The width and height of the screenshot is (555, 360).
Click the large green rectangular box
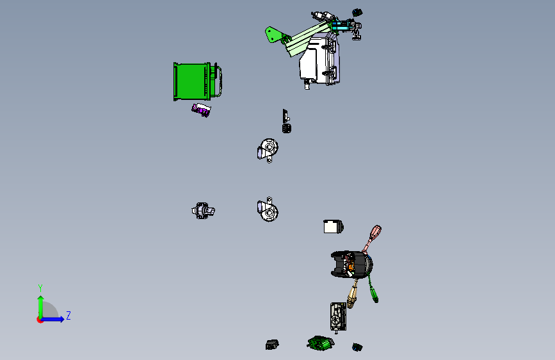pos(192,81)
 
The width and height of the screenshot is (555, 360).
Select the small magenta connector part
pos(201,110)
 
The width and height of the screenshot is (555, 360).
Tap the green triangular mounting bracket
pos(274,35)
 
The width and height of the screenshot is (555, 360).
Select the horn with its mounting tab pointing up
pos(268,209)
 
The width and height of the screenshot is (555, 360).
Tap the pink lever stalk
pos(372,239)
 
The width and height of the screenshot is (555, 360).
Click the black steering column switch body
pos(350,265)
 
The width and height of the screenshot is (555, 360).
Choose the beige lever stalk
pos(353,294)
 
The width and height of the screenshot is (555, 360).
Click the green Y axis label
pos(40,288)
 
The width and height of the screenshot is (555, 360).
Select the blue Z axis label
pos(68,315)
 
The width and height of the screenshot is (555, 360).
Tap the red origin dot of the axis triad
pos(40,320)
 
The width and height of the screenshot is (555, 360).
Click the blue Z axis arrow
pos(52,319)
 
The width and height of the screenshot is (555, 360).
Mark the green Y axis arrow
pos(41,307)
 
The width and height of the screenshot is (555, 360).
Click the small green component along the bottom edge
pos(320,343)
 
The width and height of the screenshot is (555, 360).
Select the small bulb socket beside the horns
pos(203,211)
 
